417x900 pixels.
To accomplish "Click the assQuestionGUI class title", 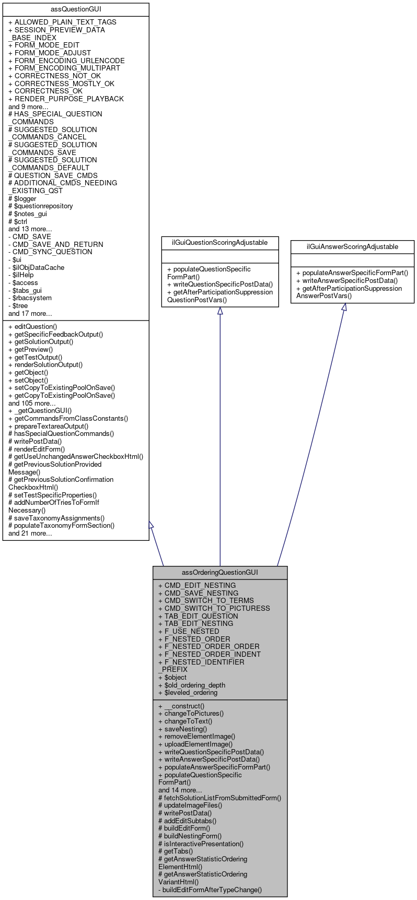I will [x=76, y=9].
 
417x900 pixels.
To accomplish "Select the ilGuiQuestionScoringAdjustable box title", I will [x=219, y=242].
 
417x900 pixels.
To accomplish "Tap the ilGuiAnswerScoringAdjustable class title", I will [x=352, y=246].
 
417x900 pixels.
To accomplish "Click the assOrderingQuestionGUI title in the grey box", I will [x=220, y=572].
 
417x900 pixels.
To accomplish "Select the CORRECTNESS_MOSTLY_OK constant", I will [x=61, y=84].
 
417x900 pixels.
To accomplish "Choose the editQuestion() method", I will [x=33, y=326].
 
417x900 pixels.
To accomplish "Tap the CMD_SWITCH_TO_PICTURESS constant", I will [x=214, y=608].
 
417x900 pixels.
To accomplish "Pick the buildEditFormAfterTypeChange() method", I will [x=210, y=890].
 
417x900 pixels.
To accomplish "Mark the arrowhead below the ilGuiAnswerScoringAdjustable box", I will [x=344, y=307].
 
